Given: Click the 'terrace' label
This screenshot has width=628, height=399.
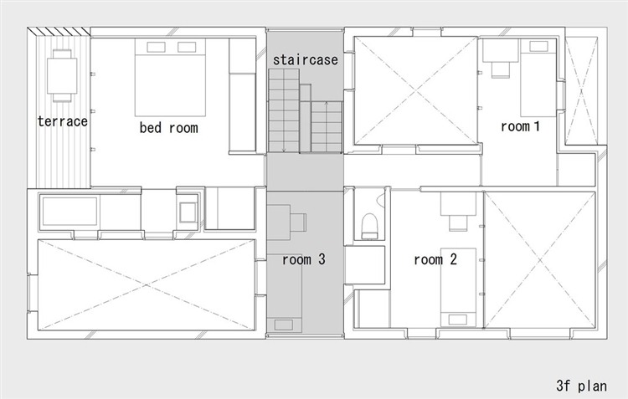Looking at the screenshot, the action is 63,121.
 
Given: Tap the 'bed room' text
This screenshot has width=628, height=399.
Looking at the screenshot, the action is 168,128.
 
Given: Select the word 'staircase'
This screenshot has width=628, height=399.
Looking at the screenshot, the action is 305,59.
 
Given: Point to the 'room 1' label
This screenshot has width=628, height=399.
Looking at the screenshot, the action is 520,126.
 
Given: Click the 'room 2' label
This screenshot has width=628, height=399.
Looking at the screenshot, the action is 435,260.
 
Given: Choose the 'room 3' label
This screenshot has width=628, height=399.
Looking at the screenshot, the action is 304,260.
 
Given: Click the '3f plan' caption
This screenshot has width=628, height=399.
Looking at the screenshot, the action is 581,386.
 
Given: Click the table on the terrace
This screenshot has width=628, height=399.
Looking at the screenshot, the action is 62,75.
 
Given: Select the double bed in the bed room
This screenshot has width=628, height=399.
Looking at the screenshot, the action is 170,77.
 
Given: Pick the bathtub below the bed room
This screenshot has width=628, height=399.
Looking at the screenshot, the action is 69,212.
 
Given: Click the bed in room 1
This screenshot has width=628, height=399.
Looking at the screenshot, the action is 538,78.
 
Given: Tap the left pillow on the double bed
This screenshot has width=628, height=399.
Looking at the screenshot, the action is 157,47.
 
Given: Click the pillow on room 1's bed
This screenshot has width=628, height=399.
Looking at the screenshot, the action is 538,46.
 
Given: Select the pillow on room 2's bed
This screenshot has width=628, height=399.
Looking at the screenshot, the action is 458,320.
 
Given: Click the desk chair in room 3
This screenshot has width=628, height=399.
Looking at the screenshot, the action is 298,223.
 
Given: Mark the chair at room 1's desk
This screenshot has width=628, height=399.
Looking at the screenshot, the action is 501,69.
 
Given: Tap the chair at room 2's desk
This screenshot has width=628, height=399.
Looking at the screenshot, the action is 458,223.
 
